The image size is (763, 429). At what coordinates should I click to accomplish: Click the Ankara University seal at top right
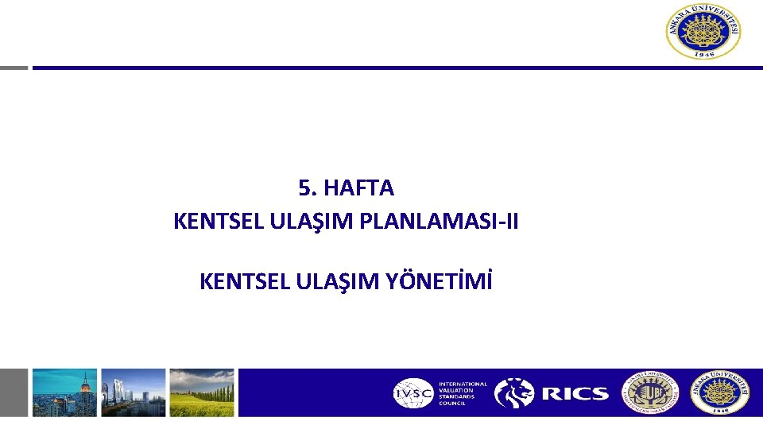(703, 32)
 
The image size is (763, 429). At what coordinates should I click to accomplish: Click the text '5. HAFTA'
(346, 188)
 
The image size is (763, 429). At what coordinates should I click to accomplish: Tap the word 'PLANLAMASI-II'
(439, 222)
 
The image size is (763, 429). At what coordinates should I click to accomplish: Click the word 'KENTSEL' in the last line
(234, 281)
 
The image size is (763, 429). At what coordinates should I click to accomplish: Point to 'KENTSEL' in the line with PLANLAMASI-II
(208, 222)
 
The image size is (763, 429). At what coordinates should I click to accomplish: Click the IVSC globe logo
(413, 392)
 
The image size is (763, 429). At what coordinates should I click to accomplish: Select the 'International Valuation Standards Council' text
(463, 392)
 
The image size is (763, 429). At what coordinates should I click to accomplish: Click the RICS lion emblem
(514, 392)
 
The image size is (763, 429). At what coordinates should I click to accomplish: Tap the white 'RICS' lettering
(575, 393)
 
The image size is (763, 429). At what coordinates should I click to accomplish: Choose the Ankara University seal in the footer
(719, 392)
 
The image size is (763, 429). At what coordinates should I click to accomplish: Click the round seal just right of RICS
(650, 392)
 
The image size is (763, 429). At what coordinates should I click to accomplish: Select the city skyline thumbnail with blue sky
(64, 392)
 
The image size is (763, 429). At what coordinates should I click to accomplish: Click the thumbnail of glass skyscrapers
(134, 392)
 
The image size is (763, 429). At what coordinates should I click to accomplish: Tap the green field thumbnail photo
(202, 392)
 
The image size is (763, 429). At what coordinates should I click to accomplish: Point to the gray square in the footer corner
(14, 392)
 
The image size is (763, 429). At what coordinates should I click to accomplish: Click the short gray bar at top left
(14, 68)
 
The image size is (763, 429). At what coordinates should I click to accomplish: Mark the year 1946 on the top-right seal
(703, 54)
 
